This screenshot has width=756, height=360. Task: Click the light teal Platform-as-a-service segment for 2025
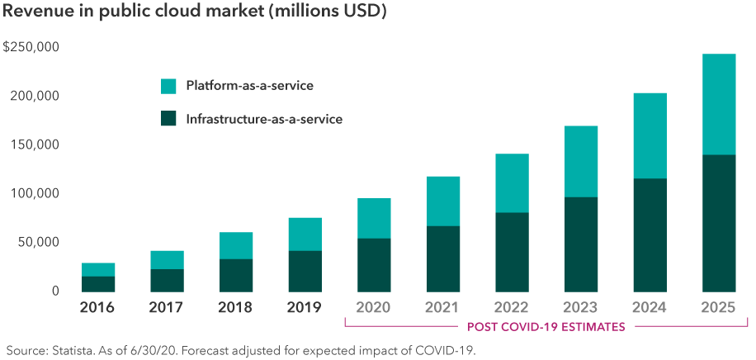[718, 105]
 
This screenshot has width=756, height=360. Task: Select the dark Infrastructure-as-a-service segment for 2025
[718, 223]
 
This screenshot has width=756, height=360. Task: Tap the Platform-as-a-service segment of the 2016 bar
[97, 270]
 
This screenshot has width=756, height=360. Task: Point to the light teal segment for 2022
[512, 183]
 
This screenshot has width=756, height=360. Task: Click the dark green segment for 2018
[235, 275]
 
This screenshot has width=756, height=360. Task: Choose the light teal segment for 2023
[580, 162]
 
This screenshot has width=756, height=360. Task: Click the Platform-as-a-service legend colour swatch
[168, 86]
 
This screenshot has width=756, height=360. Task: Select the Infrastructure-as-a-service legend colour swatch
[168, 119]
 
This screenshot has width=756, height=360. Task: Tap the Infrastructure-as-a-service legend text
[264, 120]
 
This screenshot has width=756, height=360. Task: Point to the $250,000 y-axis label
[31, 47]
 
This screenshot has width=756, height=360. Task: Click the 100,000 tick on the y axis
[35, 193]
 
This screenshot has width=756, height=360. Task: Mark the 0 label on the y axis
[54, 291]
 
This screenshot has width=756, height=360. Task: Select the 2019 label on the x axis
[304, 309]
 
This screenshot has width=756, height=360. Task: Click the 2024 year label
[649, 309]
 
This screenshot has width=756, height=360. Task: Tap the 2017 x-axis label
[167, 309]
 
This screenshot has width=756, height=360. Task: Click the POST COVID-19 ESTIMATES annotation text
[545, 327]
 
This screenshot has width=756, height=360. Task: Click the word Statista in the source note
[69, 350]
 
